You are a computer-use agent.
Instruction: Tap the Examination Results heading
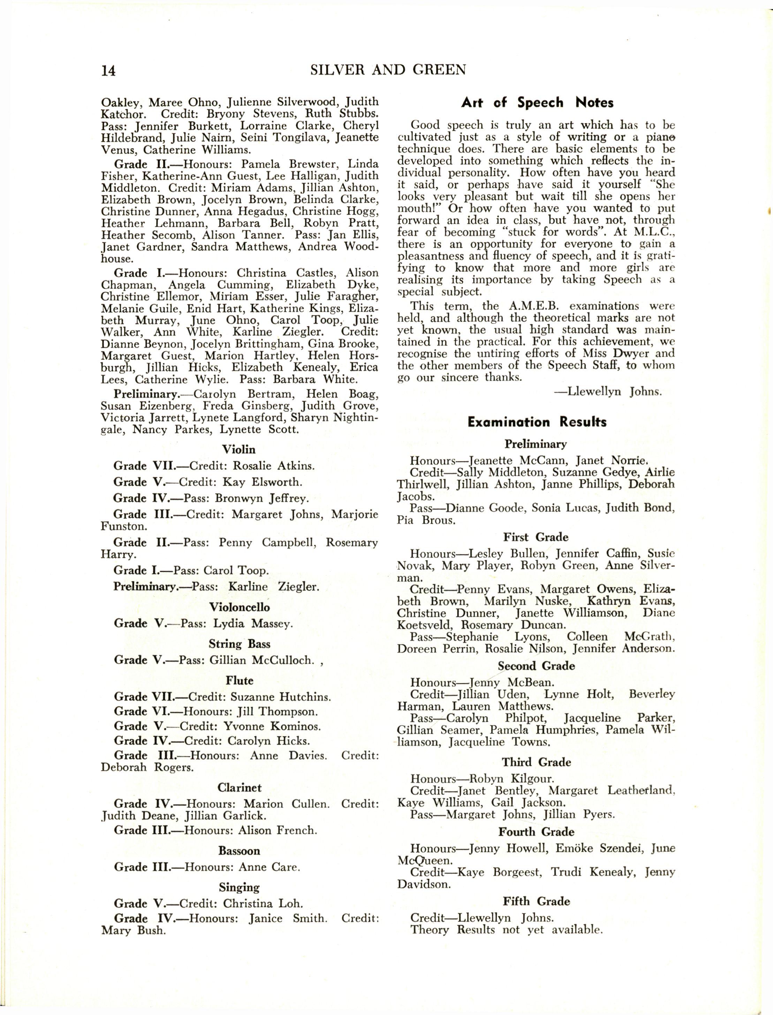pyautogui.click(x=537, y=422)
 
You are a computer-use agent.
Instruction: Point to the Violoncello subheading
pyautogui.click(x=239, y=607)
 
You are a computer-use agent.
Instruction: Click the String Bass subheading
pyautogui.click(x=239, y=643)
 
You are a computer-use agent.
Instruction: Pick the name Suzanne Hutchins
pyautogui.click(x=281, y=697)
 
